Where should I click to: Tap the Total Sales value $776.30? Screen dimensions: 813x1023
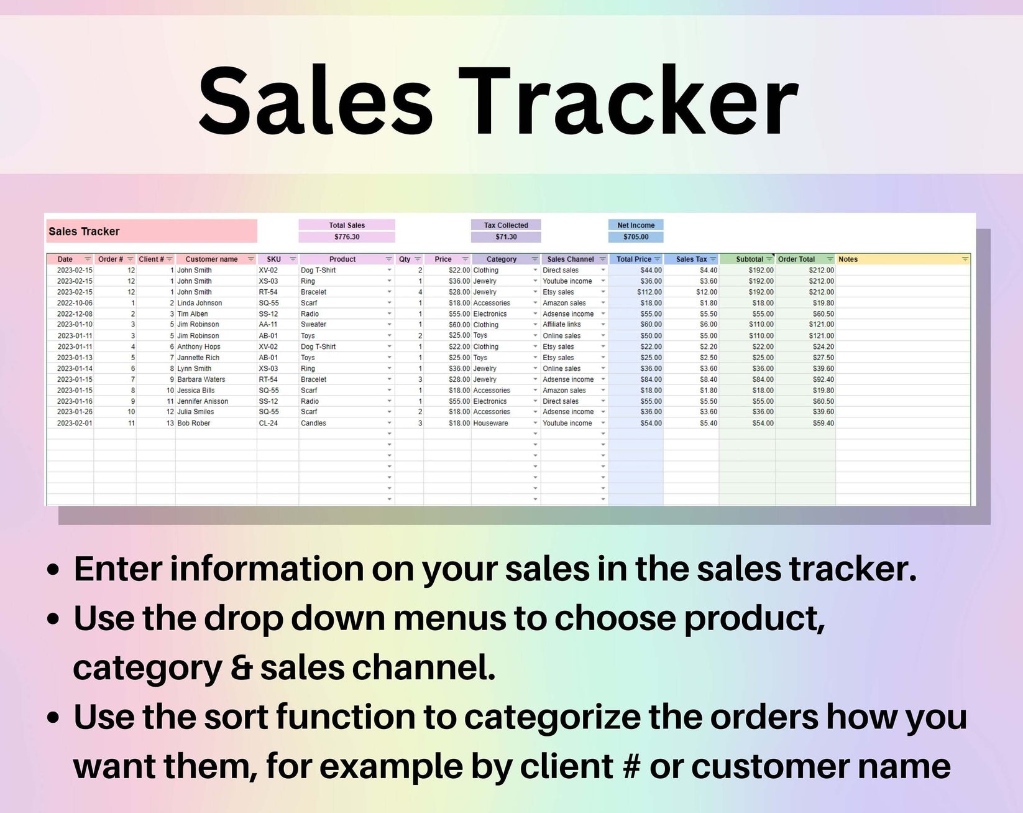(347, 237)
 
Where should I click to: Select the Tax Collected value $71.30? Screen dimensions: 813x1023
(506, 237)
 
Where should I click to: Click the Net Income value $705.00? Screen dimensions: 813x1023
(636, 237)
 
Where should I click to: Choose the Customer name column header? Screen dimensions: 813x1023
(211, 259)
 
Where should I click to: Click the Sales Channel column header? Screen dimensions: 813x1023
(570, 259)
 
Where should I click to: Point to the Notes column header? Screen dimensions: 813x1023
(848, 259)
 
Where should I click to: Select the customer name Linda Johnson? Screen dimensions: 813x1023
(200, 303)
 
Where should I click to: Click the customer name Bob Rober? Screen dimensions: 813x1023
(194, 423)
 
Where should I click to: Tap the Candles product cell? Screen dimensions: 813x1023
(313, 423)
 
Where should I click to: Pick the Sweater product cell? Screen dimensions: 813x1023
(313, 325)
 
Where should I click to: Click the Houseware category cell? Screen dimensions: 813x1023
(490, 423)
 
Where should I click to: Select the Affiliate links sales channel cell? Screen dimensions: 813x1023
(562, 325)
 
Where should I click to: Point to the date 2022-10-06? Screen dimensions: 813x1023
(75, 303)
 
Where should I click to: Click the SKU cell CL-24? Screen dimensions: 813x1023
(268, 423)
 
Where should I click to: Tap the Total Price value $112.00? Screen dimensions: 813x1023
(649, 292)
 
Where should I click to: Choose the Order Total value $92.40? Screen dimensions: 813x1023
(823, 379)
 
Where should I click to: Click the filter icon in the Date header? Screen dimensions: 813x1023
(88, 259)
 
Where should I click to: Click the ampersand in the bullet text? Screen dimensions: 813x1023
(241, 668)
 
